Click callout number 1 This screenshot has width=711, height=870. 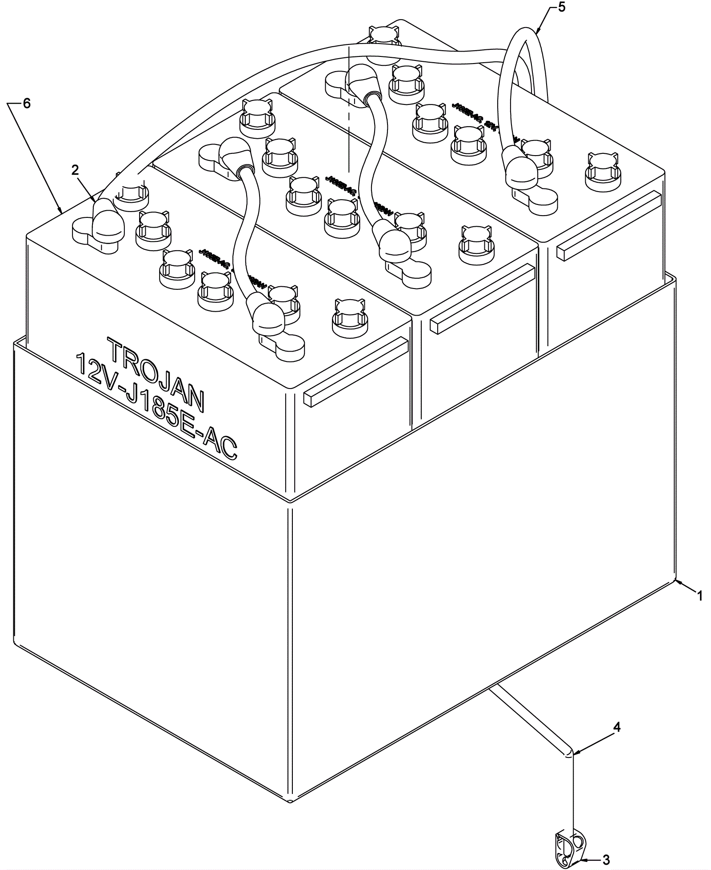700,596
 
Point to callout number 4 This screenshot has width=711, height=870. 616,728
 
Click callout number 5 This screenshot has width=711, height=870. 562,8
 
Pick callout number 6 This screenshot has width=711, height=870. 27,104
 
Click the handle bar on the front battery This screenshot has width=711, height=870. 355,371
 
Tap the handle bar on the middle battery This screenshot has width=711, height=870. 482,298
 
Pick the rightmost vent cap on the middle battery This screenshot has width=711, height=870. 475,241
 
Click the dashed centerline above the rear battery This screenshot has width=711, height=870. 350,111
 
